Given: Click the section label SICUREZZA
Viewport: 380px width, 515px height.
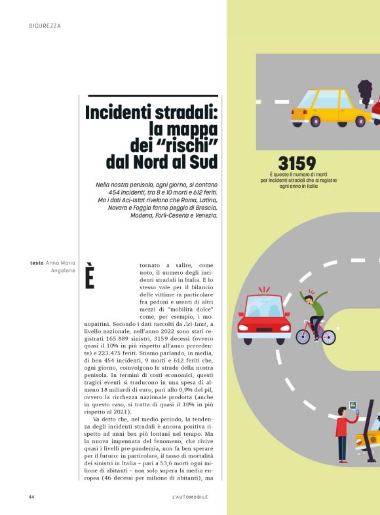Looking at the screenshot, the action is pyautogui.click(x=45, y=26).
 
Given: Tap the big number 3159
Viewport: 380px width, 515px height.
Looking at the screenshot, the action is pyautogui.click(x=297, y=163).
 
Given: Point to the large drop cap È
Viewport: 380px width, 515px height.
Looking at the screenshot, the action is pyautogui.click(x=90, y=277).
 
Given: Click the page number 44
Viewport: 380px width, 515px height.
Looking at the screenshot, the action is pyautogui.click(x=31, y=497).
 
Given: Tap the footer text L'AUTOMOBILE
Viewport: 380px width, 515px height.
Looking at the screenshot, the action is pyautogui.click(x=189, y=497).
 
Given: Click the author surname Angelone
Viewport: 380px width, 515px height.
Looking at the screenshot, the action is pyautogui.click(x=64, y=271).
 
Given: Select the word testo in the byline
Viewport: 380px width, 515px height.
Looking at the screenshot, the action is pyautogui.click(x=37, y=263).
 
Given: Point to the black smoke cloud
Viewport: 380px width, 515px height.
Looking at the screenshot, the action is pyautogui.click(x=365, y=91).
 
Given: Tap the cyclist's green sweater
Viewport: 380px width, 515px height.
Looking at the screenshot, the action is pyautogui.click(x=318, y=306).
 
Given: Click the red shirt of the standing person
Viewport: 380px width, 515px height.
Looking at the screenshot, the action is pyautogui.click(x=342, y=426).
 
